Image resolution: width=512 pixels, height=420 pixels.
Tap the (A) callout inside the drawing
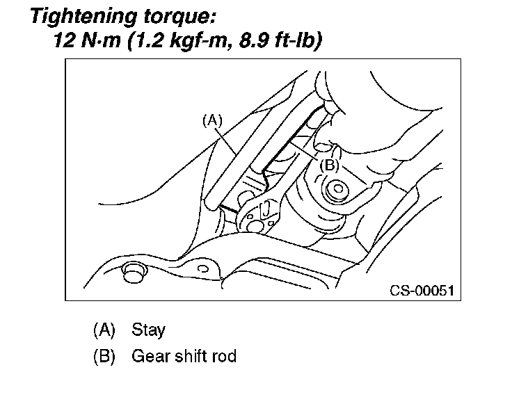[x=211, y=120]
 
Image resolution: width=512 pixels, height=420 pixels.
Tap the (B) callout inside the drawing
[x=329, y=165]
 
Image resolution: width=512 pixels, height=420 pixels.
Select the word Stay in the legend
[x=148, y=330]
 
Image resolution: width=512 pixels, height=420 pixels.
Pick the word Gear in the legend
[x=147, y=357]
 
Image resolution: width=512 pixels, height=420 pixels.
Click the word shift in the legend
[x=188, y=357]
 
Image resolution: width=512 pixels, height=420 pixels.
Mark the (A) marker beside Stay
[x=105, y=330]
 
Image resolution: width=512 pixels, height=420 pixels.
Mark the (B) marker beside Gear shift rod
[x=105, y=357]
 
